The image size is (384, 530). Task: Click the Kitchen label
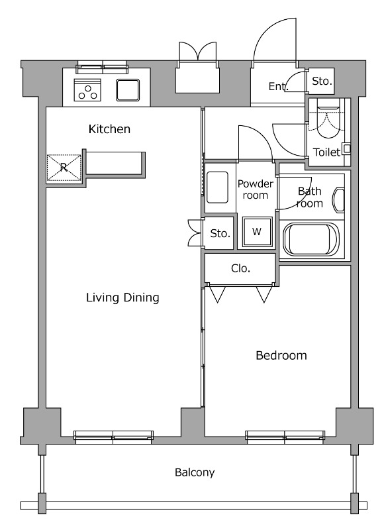pos(109,129)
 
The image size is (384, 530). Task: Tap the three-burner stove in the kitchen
pos(87,90)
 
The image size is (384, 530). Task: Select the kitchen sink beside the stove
pos(128,90)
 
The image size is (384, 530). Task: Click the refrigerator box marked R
pos(64,168)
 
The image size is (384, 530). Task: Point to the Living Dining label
pos(122,297)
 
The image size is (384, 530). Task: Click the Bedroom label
pos(281,355)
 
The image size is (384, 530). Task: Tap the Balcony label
pos(195,472)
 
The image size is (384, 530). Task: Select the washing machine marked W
pos(257,231)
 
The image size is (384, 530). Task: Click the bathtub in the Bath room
pos(311,239)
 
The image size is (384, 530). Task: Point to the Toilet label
pos(326,152)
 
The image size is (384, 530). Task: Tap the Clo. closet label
pos(240,268)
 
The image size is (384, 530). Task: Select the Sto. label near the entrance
pos(322,81)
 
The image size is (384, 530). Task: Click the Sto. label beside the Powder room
pos(220,233)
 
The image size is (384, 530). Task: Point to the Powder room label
pos(256,189)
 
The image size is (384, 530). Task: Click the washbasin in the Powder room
pos(217,187)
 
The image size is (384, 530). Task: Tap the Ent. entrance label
pos(278,87)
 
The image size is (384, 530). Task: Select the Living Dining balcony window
pos(113,437)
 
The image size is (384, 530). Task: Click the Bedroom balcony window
pos(285,437)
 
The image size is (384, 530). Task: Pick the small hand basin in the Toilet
pos(346,148)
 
